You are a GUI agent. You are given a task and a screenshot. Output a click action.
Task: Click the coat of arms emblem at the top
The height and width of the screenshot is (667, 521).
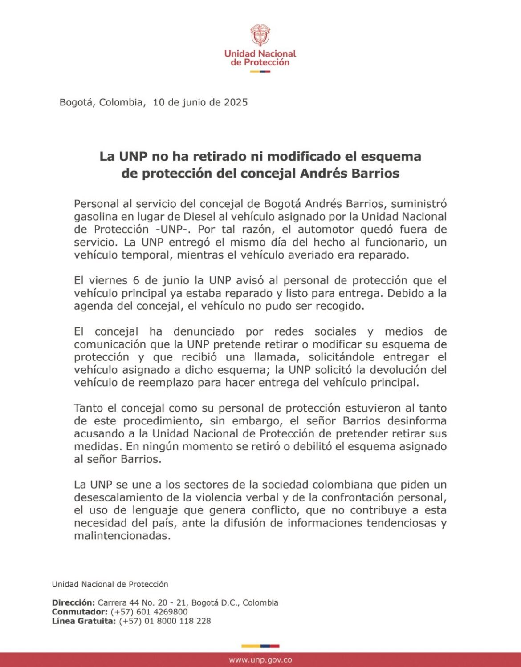tap(260, 36)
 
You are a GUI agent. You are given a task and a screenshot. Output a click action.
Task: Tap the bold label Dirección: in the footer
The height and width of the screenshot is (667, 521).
tap(73, 603)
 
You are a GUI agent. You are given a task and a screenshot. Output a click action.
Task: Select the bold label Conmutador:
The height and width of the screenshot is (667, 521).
tap(80, 612)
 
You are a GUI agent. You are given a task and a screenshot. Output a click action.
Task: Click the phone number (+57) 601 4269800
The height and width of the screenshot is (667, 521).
tap(149, 612)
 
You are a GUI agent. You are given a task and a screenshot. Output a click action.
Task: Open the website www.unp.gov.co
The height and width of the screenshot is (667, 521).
tap(260, 660)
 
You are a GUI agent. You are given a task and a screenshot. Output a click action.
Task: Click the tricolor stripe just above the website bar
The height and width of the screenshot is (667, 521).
tap(260, 646)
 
